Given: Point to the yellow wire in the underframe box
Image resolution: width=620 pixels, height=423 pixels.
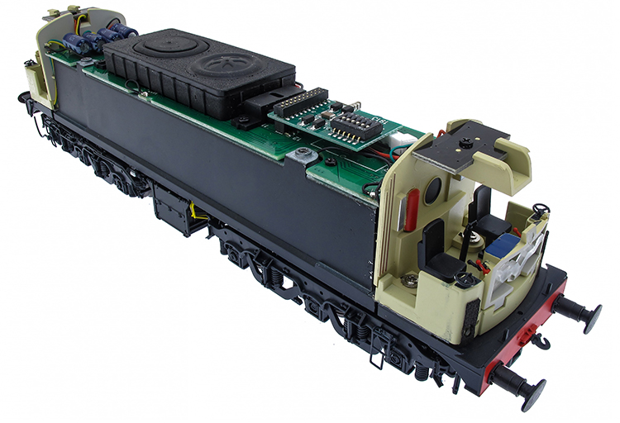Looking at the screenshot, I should (x=195, y=214).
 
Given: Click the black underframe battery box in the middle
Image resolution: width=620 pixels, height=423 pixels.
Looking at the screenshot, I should (x=175, y=206).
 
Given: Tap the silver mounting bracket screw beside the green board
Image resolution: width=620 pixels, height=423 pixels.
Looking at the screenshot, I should (x=302, y=154).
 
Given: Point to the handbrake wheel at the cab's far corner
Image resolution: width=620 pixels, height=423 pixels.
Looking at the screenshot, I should (x=539, y=211).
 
